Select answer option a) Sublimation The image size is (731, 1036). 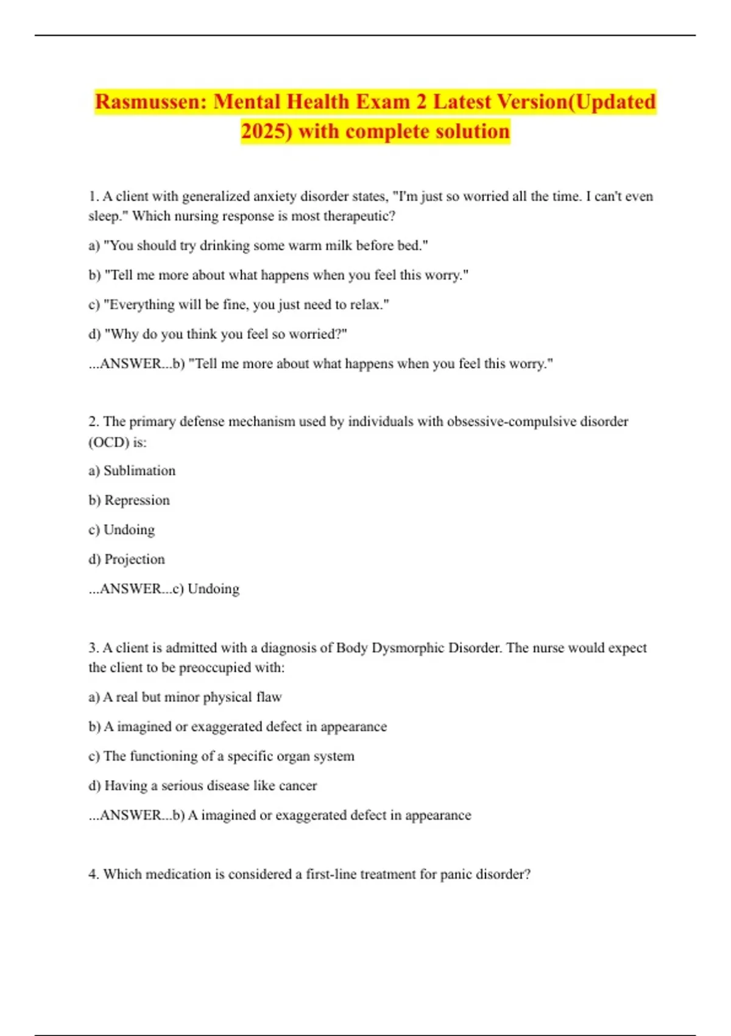[x=132, y=470]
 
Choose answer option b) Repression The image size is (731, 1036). [x=129, y=500]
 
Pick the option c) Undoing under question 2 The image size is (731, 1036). [x=122, y=530]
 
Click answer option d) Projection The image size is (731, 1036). [x=127, y=559]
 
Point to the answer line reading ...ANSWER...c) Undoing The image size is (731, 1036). [x=164, y=589]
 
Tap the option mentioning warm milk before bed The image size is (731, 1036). [x=258, y=246]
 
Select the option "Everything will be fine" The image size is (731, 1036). [x=239, y=305]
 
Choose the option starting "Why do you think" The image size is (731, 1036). [x=218, y=334]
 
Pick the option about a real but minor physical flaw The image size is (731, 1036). [x=185, y=697]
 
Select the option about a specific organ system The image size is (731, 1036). [x=222, y=756]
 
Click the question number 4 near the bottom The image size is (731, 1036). [x=94, y=875]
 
